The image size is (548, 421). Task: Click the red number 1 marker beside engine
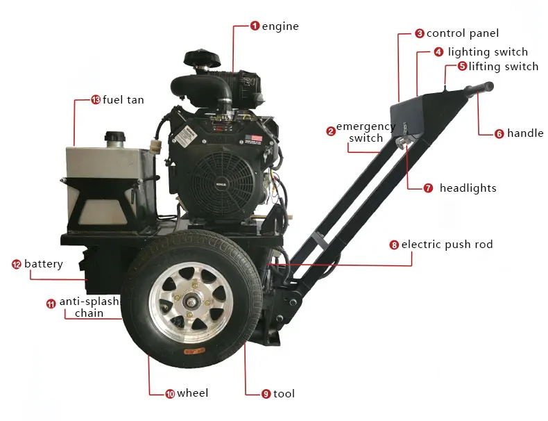click(x=255, y=26)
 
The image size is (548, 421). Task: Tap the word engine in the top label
click(x=280, y=26)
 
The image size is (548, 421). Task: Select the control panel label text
click(x=462, y=33)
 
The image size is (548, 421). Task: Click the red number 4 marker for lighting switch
click(x=438, y=52)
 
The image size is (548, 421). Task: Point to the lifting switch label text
click(x=503, y=67)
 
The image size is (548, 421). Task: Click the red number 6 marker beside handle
click(x=499, y=133)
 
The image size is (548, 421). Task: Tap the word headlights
click(x=468, y=188)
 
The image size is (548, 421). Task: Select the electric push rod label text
click(x=447, y=245)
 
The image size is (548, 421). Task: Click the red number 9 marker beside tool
click(x=266, y=394)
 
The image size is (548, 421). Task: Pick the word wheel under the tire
click(x=192, y=394)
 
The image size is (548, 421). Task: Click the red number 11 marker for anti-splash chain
click(x=51, y=303)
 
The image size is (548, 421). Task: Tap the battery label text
click(x=43, y=264)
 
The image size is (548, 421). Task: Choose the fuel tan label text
click(x=123, y=100)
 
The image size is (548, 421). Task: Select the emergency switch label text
click(x=366, y=132)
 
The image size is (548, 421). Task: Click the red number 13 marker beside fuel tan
click(x=96, y=100)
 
